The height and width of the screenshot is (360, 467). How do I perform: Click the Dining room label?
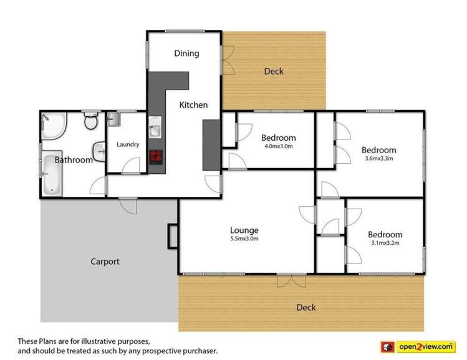pos(186,54)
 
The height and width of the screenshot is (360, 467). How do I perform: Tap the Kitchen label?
pos(193,105)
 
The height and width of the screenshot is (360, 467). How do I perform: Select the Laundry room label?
pos(128,144)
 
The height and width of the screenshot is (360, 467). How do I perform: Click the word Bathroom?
pos(74,160)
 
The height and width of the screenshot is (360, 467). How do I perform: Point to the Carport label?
pos(105,262)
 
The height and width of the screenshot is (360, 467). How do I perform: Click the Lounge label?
pos(244,230)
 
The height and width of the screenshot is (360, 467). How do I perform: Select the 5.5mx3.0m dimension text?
pos(244,239)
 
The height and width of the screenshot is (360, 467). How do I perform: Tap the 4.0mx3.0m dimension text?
pos(278,146)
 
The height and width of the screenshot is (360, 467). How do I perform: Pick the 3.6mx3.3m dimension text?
pos(378,158)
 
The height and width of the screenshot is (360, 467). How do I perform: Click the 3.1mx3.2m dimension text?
pos(385,243)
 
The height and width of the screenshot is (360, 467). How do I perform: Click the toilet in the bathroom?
pos(92,121)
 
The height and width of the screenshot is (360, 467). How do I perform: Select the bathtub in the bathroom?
pos(51,174)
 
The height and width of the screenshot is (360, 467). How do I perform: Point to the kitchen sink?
pos(155,131)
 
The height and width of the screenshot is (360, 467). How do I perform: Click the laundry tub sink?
pos(113,119)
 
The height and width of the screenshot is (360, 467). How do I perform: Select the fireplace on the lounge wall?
pos(172,236)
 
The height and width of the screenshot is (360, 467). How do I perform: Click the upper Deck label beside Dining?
pos(274,71)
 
